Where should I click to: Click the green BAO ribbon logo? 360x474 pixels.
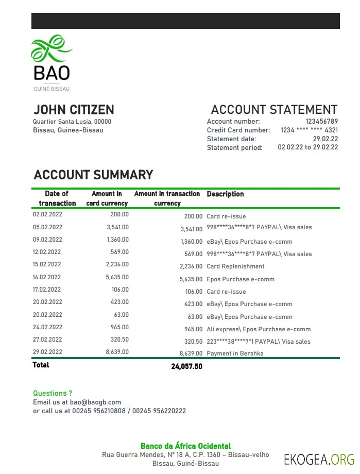click(51, 49)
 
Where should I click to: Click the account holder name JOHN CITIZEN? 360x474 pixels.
click(74, 110)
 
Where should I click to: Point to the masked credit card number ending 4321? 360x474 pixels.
click(309, 130)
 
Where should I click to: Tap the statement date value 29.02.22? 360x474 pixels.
click(325, 139)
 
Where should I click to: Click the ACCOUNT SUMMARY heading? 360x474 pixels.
click(93, 175)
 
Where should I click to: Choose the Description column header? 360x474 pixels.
click(225, 194)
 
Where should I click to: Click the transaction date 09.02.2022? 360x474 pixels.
click(47, 240)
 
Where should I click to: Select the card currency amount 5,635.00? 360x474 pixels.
click(117, 277)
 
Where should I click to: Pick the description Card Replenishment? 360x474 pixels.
click(235, 266)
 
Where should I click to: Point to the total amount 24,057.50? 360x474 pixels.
click(186, 366)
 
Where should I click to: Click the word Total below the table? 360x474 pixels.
click(41, 365)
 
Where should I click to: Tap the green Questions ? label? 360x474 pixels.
click(53, 393)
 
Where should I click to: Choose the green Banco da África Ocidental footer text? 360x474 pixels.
click(185, 446)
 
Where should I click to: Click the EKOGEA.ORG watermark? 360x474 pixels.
click(319, 459)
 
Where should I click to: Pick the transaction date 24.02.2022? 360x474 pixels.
click(47, 327)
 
